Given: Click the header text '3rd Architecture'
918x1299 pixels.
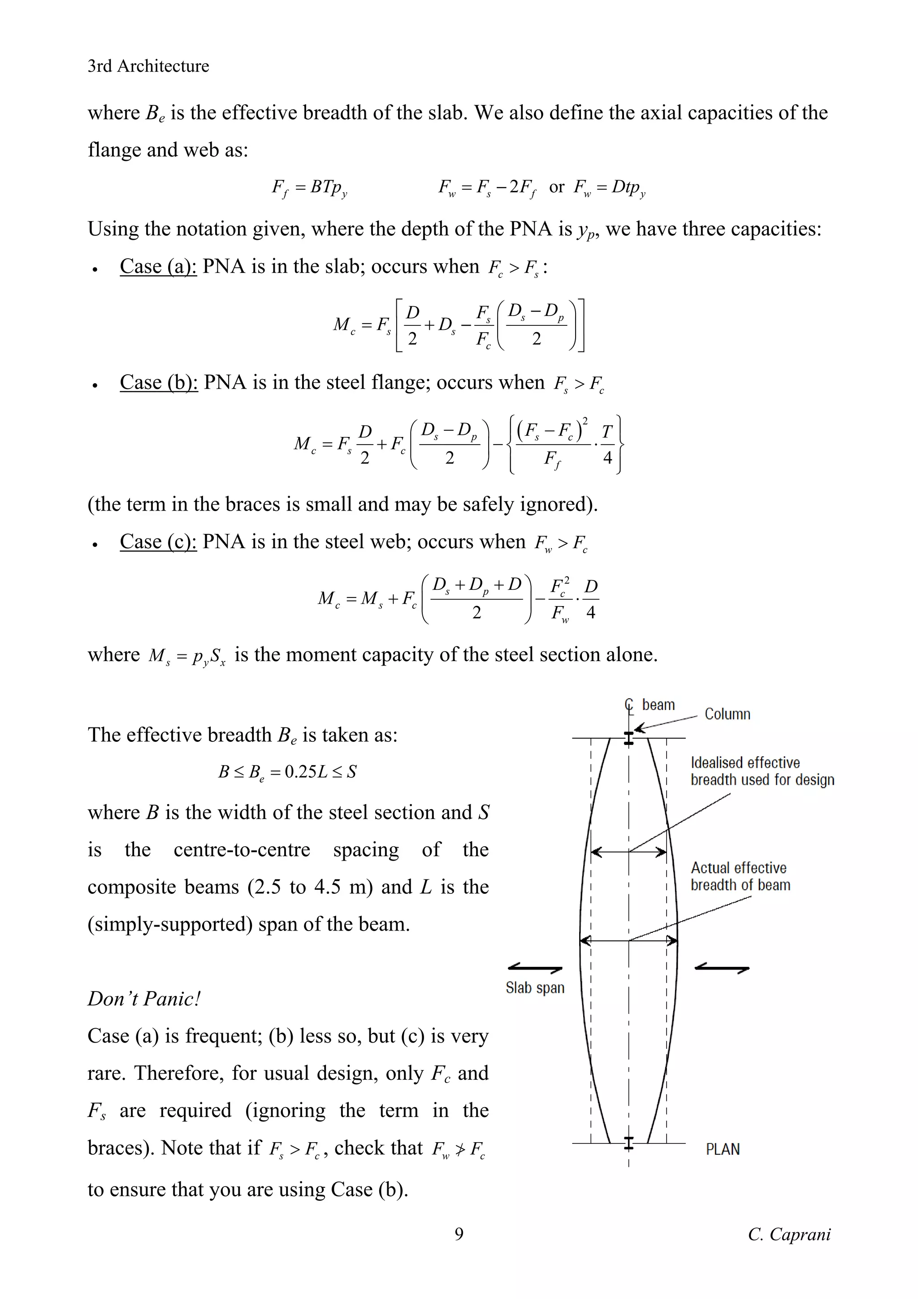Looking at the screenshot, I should (x=148, y=66).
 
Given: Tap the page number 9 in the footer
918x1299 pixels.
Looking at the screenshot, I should (x=459, y=1234).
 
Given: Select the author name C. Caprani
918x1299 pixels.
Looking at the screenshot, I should (x=789, y=1234).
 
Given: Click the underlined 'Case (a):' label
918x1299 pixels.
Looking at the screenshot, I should (x=158, y=266).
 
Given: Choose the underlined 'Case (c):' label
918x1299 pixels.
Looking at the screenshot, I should (x=158, y=542).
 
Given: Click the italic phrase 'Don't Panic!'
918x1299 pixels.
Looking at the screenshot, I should (x=144, y=999).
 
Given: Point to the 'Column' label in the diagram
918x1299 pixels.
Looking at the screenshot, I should (x=727, y=714).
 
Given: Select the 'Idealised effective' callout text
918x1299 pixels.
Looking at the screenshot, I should (x=745, y=762).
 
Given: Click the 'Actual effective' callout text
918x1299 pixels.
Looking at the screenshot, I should (x=738, y=868).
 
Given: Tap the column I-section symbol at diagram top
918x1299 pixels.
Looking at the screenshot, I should (x=628, y=738).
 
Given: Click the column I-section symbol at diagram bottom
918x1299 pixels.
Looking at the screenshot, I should (x=628, y=1143).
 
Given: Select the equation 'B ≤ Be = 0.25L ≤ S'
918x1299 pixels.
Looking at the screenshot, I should (x=287, y=772).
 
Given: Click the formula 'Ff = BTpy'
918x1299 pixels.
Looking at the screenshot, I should (x=309, y=187).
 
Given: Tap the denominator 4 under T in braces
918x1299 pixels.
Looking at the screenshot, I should (x=607, y=457).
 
